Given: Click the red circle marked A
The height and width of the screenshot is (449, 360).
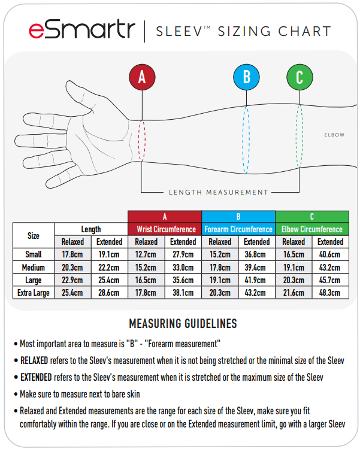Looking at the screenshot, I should (142, 77).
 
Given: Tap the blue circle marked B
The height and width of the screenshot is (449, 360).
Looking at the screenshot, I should (246, 77).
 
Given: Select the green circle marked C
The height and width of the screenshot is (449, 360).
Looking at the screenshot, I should (300, 77).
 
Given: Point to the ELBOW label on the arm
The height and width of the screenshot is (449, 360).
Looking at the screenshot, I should (334, 135).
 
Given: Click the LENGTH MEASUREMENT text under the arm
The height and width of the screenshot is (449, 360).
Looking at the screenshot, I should (218, 192).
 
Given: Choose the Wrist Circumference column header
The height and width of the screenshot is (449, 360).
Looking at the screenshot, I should (165, 229).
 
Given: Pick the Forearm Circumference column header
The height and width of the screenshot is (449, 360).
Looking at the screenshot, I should (238, 229).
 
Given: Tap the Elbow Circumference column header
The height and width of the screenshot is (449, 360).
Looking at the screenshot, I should (311, 229).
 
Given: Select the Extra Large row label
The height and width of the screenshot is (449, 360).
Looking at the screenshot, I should (34, 293).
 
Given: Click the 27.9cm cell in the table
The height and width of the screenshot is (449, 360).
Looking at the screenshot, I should (183, 254).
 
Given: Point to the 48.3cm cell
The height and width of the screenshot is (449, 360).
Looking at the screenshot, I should (330, 293).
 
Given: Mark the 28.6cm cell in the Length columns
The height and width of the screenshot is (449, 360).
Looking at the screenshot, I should (109, 293).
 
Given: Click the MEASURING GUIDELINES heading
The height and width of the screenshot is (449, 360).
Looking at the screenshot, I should (183, 324).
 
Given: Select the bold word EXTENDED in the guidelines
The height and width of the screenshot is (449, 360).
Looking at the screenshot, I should (37, 378).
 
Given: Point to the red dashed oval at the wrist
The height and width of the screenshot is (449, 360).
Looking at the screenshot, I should (142, 140).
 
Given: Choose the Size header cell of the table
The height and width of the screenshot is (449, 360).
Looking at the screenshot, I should (34, 235).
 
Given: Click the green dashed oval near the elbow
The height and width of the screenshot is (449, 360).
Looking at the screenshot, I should (300, 138).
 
